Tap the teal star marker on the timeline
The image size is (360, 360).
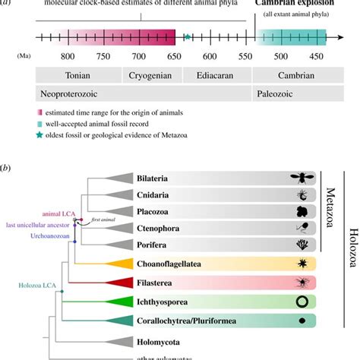pos(188,36)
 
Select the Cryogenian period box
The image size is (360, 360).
pos(153,75)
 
